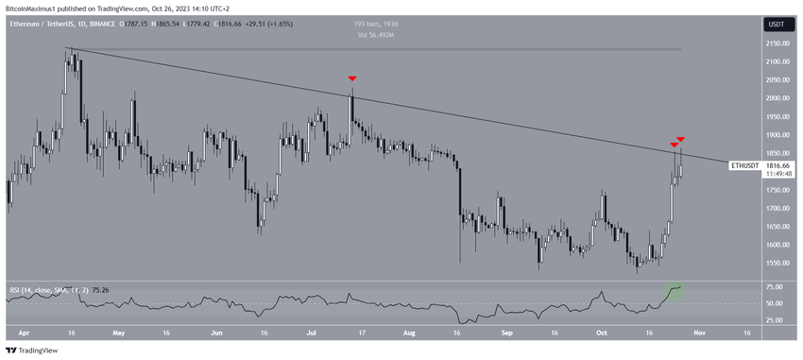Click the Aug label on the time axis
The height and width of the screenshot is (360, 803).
coord(408,333)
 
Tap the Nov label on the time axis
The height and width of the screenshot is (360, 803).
coord(697,333)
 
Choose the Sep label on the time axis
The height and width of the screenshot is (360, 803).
coord(506,333)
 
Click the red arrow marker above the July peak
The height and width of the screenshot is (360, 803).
coord(352,78)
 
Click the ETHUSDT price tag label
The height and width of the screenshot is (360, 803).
coord(744,165)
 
